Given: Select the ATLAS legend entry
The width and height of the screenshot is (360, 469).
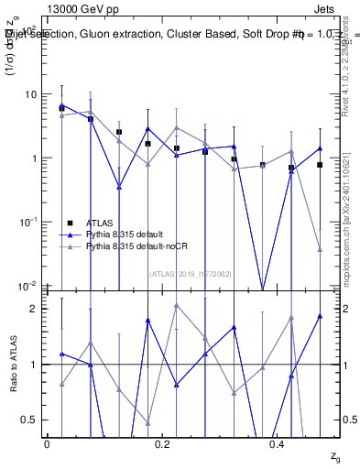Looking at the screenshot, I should coord(104,223).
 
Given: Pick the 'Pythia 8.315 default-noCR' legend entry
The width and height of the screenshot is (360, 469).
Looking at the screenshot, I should coord(136,246).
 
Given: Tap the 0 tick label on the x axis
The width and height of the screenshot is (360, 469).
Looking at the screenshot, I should coord(47,444).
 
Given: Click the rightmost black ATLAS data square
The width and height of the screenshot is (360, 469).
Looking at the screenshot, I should coord(320,165).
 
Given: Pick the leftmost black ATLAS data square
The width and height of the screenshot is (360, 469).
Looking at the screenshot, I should coord(61,108).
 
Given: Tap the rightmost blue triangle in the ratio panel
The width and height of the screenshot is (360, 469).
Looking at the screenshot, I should coord(320,316).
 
